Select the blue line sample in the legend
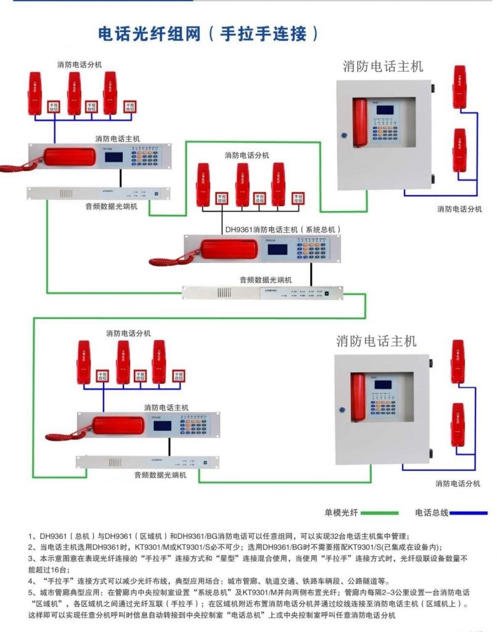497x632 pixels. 470,512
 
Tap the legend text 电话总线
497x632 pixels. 431,512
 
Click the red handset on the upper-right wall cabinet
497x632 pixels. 360,122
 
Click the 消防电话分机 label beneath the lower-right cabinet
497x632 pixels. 458,483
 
